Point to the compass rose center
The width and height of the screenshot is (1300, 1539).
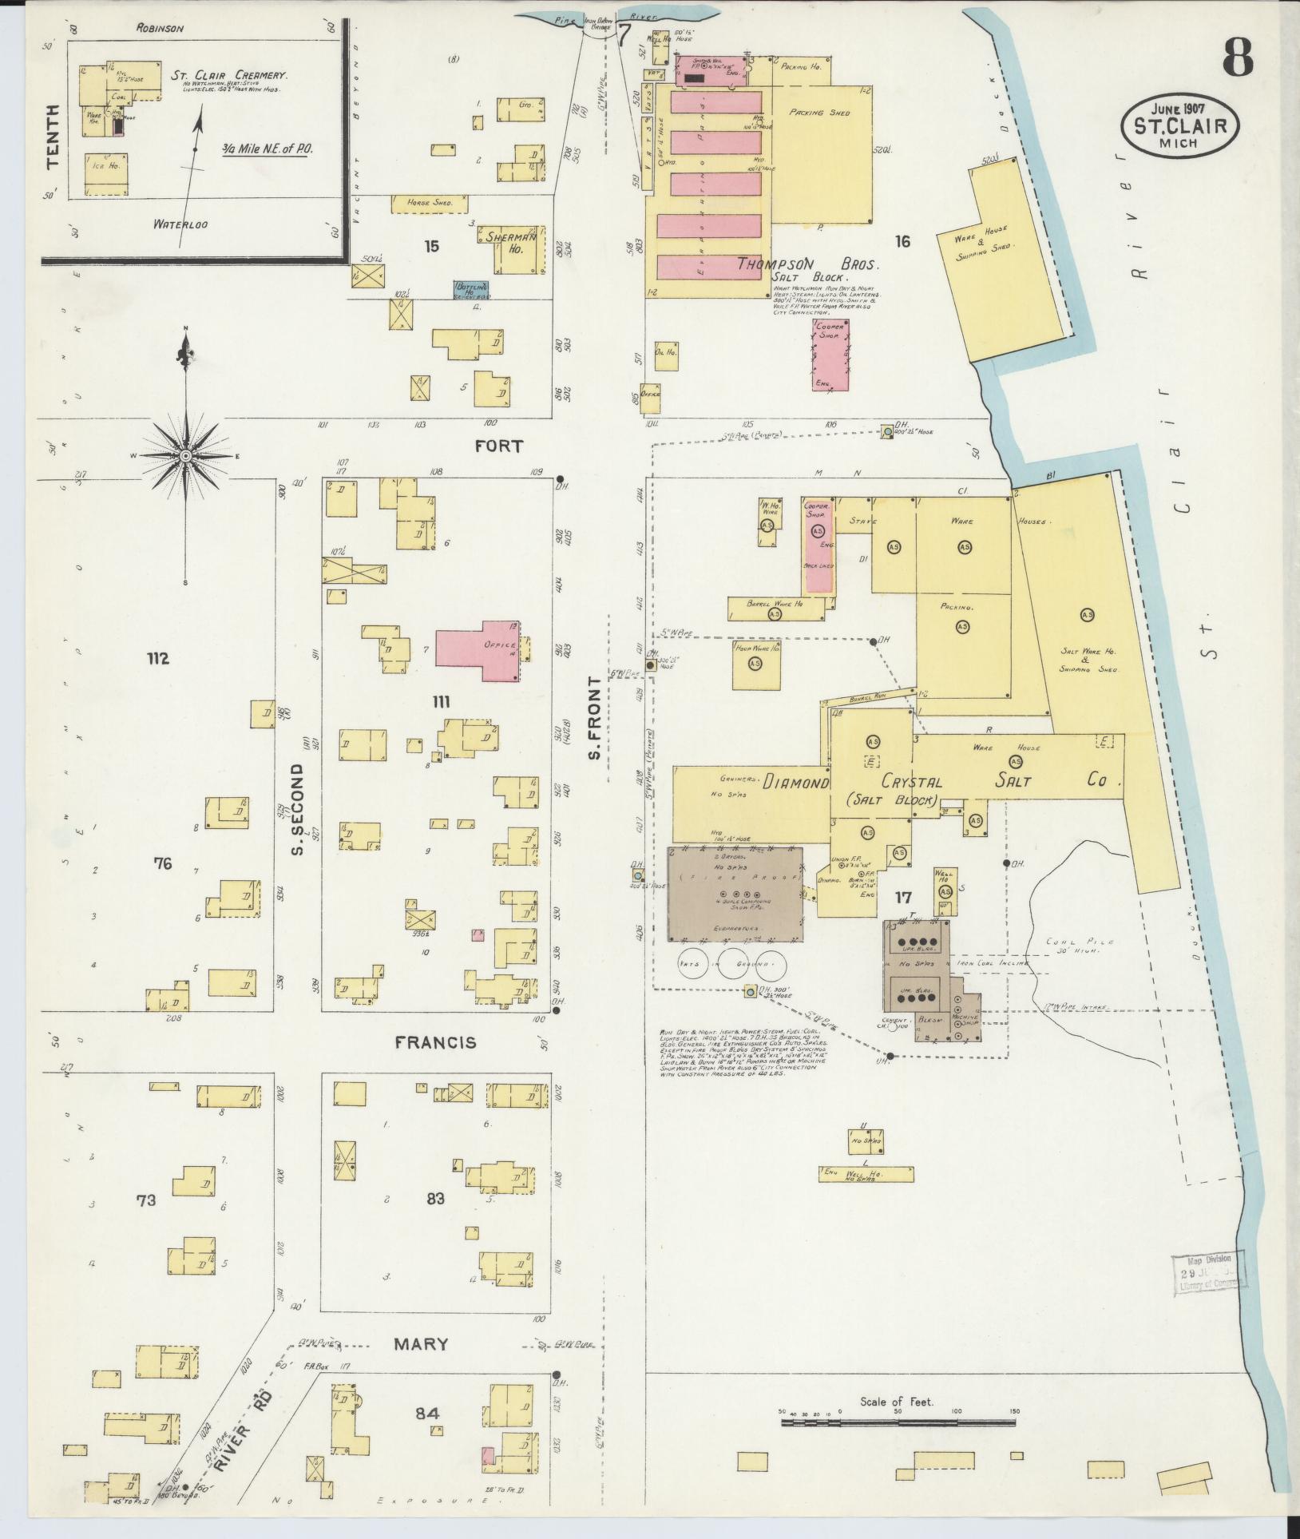[185, 455]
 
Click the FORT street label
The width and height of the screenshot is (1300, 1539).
[498, 446]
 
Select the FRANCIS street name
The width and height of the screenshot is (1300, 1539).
[436, 1042]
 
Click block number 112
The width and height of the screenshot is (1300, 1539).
[158, 658]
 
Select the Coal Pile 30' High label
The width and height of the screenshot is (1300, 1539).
[1080, 946]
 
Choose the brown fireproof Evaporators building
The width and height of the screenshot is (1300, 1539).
[735, 894]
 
